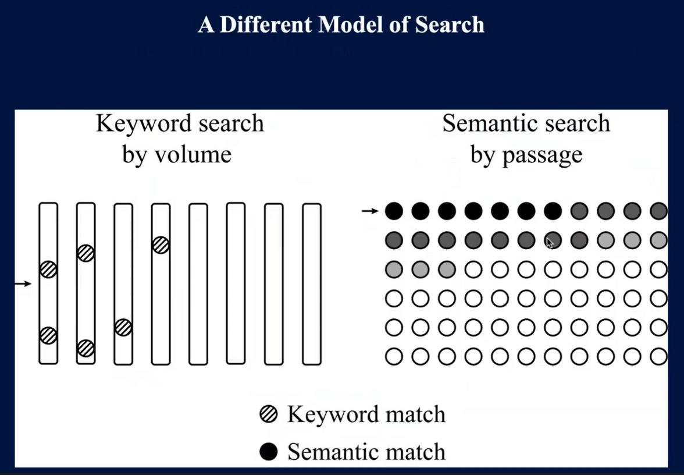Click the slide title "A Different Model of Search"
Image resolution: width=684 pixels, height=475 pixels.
[341, 25]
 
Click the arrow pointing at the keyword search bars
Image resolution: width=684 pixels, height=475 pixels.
[23, 284]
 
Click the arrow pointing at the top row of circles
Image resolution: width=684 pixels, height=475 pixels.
[370, 211]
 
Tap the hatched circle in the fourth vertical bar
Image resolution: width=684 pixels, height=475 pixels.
[161, 245]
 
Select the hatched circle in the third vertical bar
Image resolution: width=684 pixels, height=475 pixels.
[123, 328]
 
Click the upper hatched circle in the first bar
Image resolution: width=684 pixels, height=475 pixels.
[48, 270]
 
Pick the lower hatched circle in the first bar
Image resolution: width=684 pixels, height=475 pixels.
[48, 335]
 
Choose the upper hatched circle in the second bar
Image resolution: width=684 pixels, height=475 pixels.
[86, 253]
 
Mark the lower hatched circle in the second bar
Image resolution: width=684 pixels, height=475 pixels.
[86, 348]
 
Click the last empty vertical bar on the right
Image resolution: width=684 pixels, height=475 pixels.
[312, 283]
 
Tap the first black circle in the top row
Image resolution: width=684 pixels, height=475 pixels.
[394, 211]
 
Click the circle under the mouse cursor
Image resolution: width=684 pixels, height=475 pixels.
[553, 239]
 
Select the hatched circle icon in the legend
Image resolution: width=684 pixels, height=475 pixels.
[268, 414]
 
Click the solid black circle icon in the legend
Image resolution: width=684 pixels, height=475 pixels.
[268, 452]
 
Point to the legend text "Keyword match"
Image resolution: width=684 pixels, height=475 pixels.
[366, 414]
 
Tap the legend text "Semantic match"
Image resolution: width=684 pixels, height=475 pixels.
[366, 452]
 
